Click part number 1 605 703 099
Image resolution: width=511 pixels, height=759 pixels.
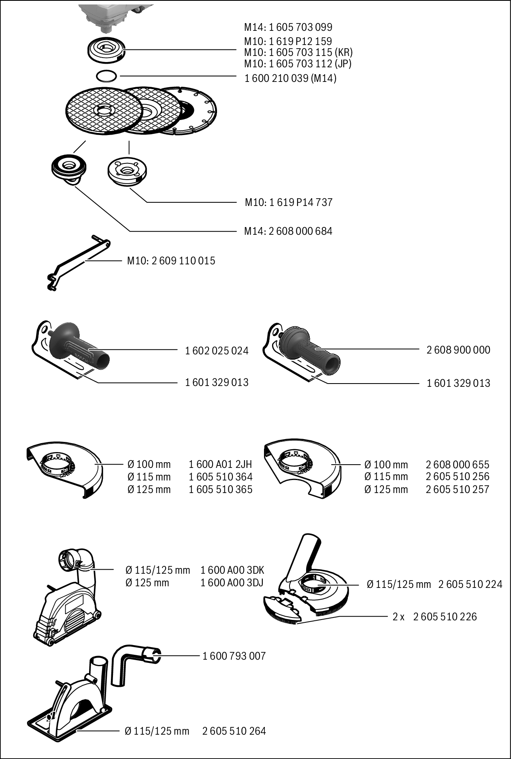pyautogui.click(x=300, y=28)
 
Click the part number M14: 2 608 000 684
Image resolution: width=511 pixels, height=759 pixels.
pyautogui.click(x=288, y=231)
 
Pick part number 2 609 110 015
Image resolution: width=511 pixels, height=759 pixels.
pyautogui.click(x=183, y=261)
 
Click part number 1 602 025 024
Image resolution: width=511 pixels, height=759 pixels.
pyautogui.click(x=217, y=350)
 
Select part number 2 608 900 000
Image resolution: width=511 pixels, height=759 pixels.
pyautogui.click(x=458, y=350)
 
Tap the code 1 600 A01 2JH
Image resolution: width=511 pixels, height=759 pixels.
pyautogui.click(x=220, y=464)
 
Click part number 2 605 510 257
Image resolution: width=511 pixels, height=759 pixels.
pyautogui.click(x=458, y=489)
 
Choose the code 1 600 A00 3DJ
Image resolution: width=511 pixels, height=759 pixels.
pyautogui.click(x=232, y=583)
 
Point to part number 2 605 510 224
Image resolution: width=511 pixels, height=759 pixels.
pyautogui.click(x=470, y=584)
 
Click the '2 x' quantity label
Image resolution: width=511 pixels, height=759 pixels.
pyautogui.click(x=398, y=617)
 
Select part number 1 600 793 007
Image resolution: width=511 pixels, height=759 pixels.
pyautogui.click(x=234, y=656)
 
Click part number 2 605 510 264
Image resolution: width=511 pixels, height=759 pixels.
pyautogui.click(x=234, y=731)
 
